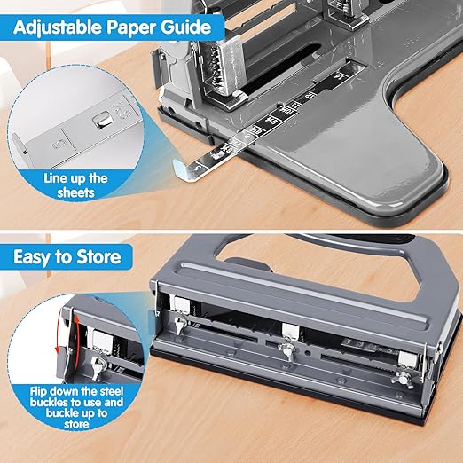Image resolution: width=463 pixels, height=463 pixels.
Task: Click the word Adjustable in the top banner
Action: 57,27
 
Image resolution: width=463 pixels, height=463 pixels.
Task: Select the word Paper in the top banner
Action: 135,27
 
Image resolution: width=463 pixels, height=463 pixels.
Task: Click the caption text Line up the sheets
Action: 75,185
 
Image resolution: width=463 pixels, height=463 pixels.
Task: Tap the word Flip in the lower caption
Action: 59,388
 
